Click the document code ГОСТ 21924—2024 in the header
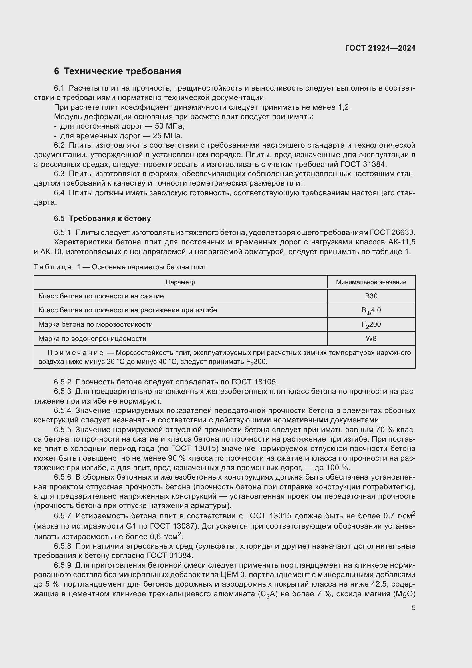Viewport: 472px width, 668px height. [x=380, y=48]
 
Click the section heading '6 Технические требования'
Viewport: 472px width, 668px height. [x=117, y=71]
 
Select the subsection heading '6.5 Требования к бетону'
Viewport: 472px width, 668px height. [x=102, y=218]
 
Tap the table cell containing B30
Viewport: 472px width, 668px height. [x=371, y=296]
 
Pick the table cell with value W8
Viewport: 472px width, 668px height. [x=371, y=339]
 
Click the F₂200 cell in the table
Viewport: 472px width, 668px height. [x=371, y=325]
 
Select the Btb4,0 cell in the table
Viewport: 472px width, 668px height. [x=371, y=310]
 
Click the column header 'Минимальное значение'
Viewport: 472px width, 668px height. [x=371, y=282]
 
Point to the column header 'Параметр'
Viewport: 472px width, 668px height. [x=180, y=282]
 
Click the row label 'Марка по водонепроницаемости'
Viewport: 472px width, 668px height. [x=92, y=339]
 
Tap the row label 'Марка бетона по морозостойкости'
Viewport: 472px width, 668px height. [x=95, y=324]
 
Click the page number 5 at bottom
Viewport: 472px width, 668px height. [x=413, y=608]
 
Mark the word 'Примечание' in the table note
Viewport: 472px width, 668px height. [x=75, y=353]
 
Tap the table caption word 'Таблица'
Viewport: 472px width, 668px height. [x=53, y=267]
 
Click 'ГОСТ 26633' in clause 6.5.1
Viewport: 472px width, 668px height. [x=392, y=233]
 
